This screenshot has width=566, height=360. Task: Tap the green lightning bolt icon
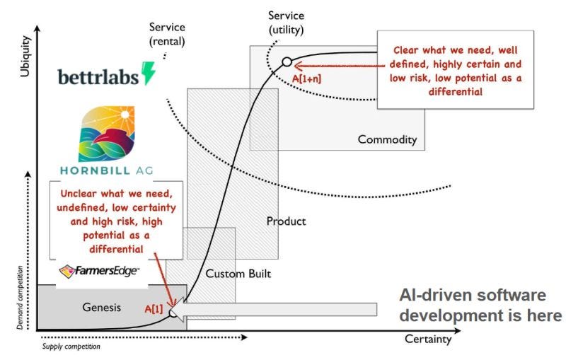coord(149,74)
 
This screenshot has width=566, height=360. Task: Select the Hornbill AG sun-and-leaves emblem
coord(105,135)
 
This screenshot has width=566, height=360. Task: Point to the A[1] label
coord(154,309)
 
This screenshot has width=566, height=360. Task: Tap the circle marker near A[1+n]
coord(287,62)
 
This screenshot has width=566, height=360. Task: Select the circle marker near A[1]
coord(173,312)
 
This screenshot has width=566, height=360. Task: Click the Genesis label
coord(101,307)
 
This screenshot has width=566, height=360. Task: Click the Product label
coord(286,221)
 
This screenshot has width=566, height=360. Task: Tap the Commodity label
coord(387,139)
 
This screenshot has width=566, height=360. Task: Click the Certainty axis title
coord(427,339)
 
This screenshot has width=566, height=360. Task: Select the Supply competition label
coord(70,347)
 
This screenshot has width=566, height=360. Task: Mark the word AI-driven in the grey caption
coord(436,296)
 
